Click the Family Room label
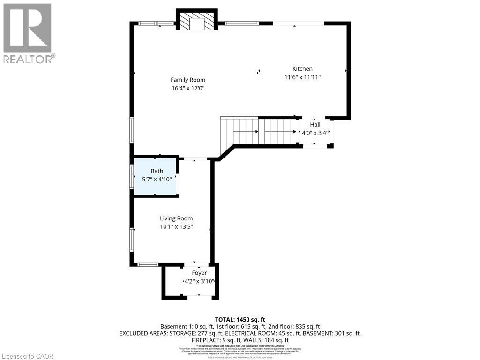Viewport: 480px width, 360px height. [187, 80]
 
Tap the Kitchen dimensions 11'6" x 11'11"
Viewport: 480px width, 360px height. [302, 77]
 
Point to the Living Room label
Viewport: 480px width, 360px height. [176, 218]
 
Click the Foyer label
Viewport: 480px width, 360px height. [199, 273]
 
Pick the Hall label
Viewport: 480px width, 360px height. [315, 125]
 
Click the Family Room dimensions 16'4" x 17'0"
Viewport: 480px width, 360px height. [187, 88]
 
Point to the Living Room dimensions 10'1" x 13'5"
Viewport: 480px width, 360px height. [176, 227]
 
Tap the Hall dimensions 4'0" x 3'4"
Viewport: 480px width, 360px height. [315, 133]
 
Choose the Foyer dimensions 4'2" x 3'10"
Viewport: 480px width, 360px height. [199, 281]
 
